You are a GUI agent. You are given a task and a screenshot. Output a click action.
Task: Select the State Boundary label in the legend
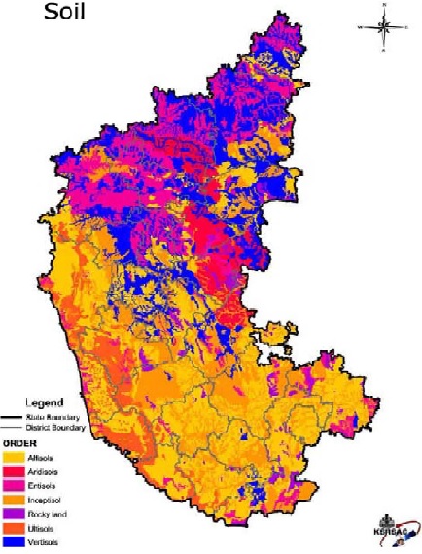pos(60,415)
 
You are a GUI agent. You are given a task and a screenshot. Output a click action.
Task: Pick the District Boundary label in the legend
pos(59,426)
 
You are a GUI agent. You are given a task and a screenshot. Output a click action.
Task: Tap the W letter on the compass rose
pos(362,28)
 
